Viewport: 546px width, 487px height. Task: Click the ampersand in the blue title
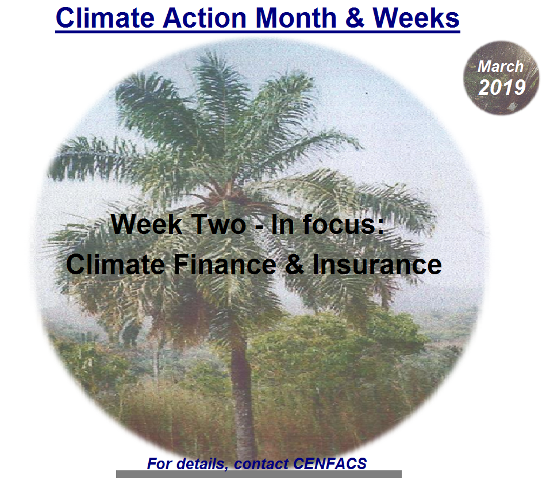click(355, 18)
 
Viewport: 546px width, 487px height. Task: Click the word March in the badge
click(501, 66)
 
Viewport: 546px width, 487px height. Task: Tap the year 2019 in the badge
click(502, 87)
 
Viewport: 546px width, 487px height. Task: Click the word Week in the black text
click(147, 224)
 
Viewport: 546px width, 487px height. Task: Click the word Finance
click(225, 264)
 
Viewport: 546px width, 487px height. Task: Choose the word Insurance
click(377, 264)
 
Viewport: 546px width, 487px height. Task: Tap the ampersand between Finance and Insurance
click(295, 264)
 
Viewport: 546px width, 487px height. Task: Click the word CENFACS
click(330, 463)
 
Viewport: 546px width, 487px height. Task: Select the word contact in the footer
click(261, 463)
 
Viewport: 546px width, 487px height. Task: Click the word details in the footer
click(202, 464)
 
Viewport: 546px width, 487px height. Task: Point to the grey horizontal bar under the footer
click(259, 474)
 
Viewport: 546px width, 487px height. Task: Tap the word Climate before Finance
click(116, 264)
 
